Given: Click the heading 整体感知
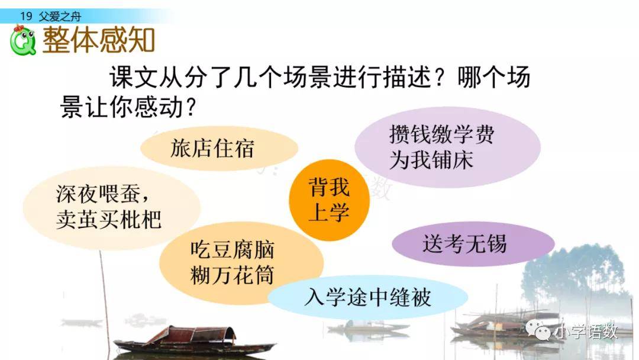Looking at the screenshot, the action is [x=99, y=40].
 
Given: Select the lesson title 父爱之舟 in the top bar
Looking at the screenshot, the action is [x=60, y=17].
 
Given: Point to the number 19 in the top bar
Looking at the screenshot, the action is [x=26, y=17].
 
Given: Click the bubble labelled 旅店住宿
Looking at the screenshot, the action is [x=220, y=148].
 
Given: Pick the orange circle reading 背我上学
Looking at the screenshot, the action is [x=330, y=200].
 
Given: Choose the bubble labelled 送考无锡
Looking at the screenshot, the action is [x=473, y=244].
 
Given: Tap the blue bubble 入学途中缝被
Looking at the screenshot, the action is [x=367, y=297].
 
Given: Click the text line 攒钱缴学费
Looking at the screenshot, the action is [x=442, y=134].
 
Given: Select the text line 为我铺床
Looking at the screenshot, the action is [x=431, y=159].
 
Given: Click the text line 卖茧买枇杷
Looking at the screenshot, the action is [x=109, y=219].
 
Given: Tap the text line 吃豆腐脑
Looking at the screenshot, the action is [x=233, y=249].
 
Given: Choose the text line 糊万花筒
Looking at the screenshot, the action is [x=233, y=275].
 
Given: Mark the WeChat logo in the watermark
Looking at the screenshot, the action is [x=538, y=330].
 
